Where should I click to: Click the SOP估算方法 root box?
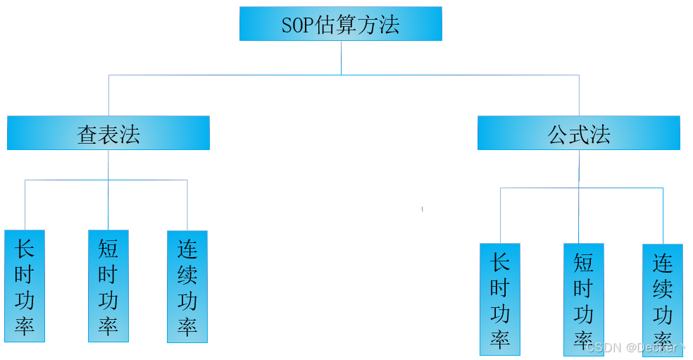pos(340,24)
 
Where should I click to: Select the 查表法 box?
pos(108,133)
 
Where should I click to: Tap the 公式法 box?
pos(578,133)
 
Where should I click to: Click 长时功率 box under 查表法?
pos(25,286)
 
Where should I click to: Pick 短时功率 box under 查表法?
pos(108,286)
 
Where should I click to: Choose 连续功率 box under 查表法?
pos(187,287)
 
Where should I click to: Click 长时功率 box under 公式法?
pos(500,299)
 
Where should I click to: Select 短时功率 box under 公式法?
pos(583,299)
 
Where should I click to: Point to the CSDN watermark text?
pos(634,347)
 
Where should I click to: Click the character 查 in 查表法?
pos(87,134)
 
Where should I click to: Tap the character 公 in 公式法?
pos(558,134)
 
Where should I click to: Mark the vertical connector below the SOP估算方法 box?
pos(342,57)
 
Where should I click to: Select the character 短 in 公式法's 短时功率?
pos(583,262)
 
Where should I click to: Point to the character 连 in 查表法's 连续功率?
pos(187,249)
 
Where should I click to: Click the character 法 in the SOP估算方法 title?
pos(389,25)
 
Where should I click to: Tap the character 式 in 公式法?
pos(579,134)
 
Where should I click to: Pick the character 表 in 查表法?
pos(108,134)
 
